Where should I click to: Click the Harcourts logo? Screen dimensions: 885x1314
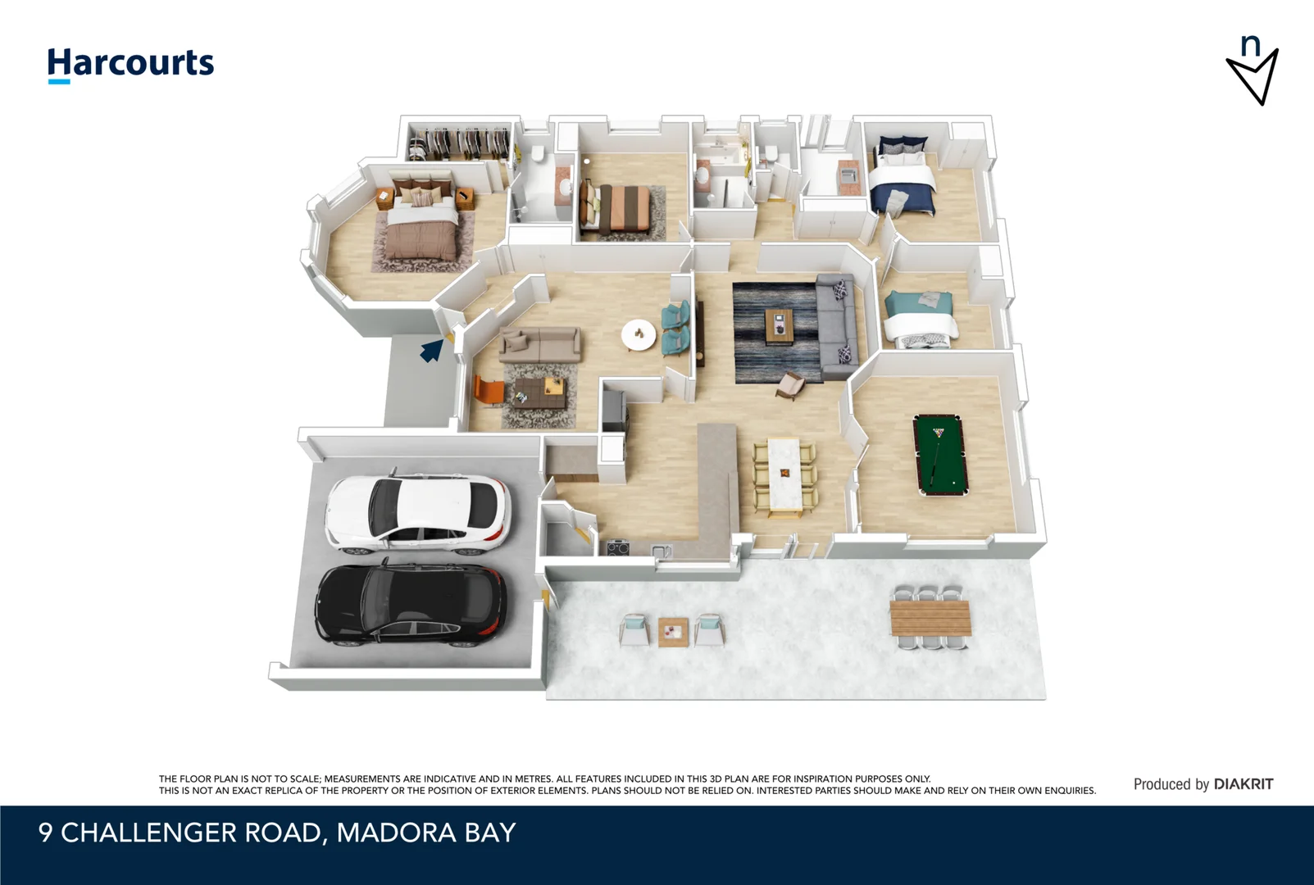pyautogui.click(x=130, y=64)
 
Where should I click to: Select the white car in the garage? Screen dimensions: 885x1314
pyautogui.click(x=418, y=512)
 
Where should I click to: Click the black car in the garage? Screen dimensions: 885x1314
pyautogui.click(x=410, y=605)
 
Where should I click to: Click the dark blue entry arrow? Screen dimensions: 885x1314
pyautogui.click(x=431, y=351)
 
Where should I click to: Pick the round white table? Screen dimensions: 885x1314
pyautogui.click(x=639, y=334)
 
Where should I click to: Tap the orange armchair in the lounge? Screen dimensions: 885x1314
pyautogui.click(x=489, y=390)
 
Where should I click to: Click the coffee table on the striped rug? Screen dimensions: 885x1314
pyautogui.click(x=780, y=327)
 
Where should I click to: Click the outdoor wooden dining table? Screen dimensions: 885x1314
pyautogui.click(x=930, y=617)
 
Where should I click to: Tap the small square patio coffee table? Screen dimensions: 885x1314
pyautogui.click(x=673, y=632)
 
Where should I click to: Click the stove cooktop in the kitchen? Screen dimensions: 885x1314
pyautogui.click(x=618, y=548)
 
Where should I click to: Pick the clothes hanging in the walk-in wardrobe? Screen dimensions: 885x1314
pyautogui.click(x=459, y=143)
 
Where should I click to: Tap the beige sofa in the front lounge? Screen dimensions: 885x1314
pyautogui.click(x=540, y=343)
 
